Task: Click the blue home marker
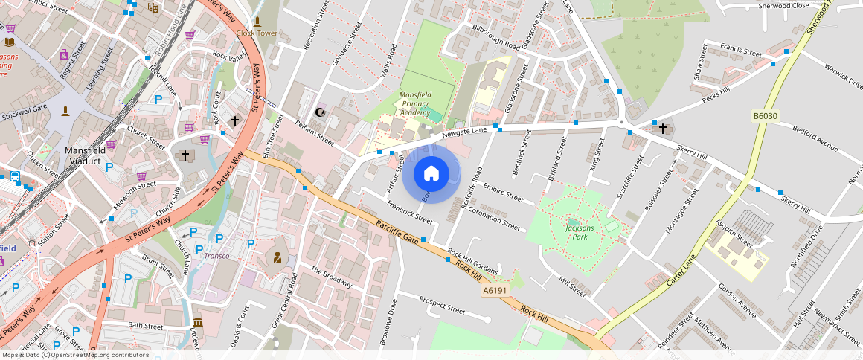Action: click(431, 174)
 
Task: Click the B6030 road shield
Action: click(765, 117)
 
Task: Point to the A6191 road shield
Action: click(494, 291)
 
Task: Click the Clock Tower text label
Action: click(257, 33)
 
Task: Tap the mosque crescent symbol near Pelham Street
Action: click(321, 112)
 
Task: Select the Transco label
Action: click(217, 256)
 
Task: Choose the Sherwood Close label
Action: click(783, 5)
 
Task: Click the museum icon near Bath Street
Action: click(198, 322)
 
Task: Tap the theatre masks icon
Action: click(153, 8)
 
